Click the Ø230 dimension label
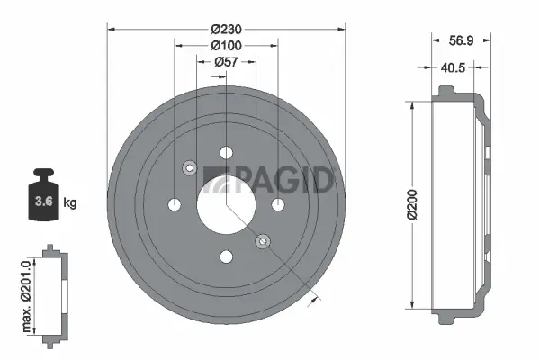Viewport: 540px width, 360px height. [x=226, y=27]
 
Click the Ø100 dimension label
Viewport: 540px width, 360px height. [x=226, y=44]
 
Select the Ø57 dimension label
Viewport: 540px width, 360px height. [x=226, y=61]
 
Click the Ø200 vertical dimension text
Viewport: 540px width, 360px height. [x=410, y=205]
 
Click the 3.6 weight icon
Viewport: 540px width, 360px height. [x=41, y=199]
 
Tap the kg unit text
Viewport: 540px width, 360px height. [x=68, y=203]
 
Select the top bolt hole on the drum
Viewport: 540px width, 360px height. [x=226, y=152]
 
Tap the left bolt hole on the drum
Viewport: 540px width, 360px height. [x=174, y=204]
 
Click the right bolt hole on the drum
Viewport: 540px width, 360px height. [x=278, y=204]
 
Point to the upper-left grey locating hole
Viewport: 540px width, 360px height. [x=189, y=167]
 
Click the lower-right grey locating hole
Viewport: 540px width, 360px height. [x=263, y=241]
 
